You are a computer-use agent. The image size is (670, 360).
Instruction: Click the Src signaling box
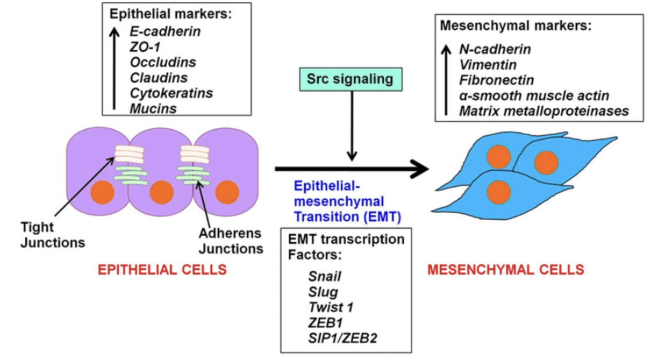click(x=351, y=79)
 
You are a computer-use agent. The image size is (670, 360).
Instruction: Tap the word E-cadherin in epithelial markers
click(x=165, y=31)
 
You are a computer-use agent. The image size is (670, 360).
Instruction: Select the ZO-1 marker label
click(x=146, y=47)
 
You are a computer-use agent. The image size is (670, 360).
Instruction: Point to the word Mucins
click(x=153, y=109)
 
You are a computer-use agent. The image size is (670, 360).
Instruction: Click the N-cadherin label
click(x=495, y=49)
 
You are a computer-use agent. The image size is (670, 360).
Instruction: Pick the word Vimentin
click(x=488, y=65)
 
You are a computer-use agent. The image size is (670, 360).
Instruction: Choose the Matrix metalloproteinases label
click(x=544, y=111)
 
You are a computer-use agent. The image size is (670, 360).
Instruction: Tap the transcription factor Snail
click(x=325, y=276)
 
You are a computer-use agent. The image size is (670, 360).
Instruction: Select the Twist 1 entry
click(x=331, y=307)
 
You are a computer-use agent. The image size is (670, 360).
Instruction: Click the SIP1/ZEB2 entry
click(x=343, y=338)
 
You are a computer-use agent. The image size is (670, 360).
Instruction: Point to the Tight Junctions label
click(x=53, y=235)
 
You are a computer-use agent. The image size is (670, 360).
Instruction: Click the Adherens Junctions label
click(x=231, y=241)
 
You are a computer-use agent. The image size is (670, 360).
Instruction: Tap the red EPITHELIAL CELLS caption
click(x=162, y=269)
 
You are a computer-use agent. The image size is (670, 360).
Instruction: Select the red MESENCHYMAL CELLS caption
click(x=506, y=269)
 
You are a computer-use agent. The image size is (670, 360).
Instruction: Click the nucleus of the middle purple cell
click(x=162, y=193)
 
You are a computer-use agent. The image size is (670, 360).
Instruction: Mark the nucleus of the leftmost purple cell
click(x=102, y=193)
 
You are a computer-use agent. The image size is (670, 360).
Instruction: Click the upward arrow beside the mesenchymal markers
click(x=446, y=80)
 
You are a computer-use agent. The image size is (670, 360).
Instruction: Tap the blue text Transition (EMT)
click(x=348, y=217)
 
